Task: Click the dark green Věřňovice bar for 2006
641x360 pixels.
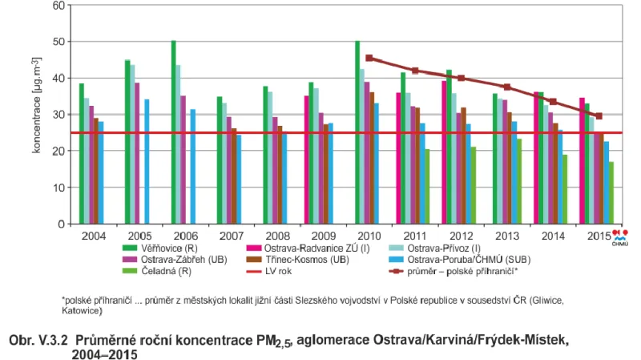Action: [x=173, y=132]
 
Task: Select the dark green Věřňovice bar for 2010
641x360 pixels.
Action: [x=357, y=132]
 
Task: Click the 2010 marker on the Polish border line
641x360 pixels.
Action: [x=369, y=58]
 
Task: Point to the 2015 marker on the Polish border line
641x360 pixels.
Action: [x=599, y=115]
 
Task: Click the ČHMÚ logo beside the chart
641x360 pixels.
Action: [x=620, y=237]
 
